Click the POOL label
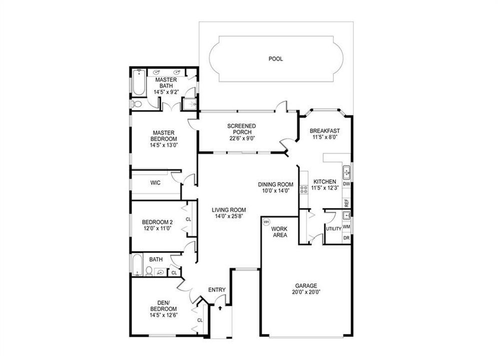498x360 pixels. [x=275, y=58]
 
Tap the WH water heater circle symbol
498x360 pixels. [x=266, y=221]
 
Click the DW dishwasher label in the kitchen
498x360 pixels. [x=346, y=184]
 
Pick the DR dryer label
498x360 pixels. [x=346, y=238]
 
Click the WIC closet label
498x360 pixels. [x=155, y=183]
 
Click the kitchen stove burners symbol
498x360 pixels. [x=303, y=189]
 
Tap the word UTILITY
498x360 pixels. [x=333, y=229]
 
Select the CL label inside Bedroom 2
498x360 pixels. [x=188, y=219]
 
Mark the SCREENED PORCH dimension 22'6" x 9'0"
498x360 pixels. [x=242, y=138]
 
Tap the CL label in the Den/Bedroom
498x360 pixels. [x=199, y=320]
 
